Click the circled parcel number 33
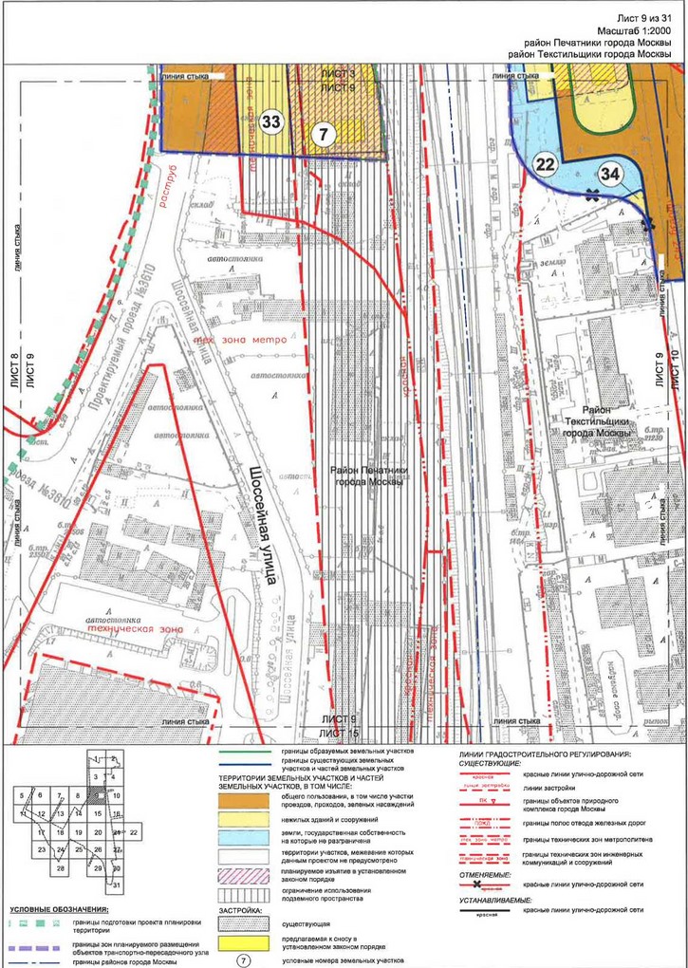point(270,121)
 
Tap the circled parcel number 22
point(545,163)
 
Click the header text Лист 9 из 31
point(643,18)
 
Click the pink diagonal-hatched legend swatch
point(243,874)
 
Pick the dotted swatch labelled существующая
point(243,921)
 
